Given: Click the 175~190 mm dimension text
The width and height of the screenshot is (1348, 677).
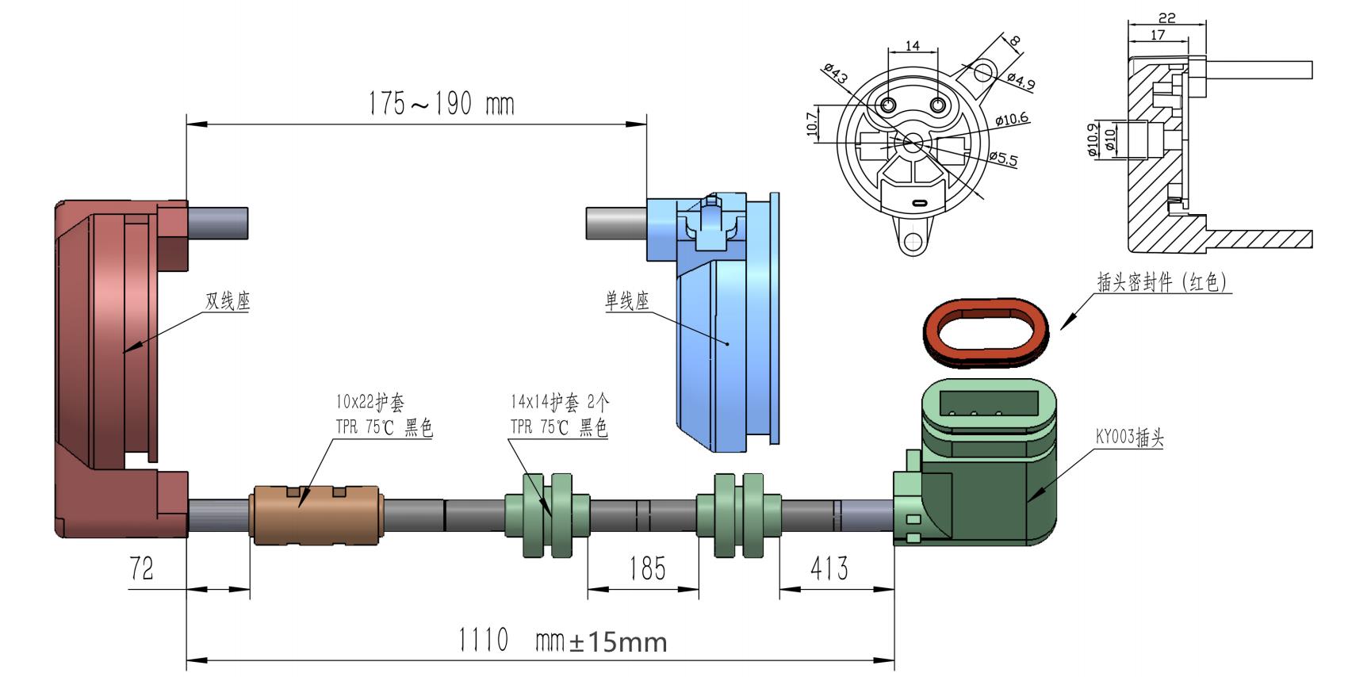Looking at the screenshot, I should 441,104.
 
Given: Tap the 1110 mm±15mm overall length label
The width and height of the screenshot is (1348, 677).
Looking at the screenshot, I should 562,640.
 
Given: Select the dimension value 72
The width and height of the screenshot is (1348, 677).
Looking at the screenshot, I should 141,568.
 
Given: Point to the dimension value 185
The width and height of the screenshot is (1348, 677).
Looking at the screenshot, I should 647,568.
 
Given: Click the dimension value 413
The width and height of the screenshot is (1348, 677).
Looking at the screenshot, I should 829,568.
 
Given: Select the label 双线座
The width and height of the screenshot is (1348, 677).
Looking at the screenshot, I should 228,301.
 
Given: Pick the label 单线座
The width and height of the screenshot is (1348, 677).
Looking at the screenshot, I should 626,301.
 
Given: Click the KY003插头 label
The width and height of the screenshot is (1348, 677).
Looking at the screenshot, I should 1129,437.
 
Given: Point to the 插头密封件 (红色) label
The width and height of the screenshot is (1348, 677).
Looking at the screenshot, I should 1162,282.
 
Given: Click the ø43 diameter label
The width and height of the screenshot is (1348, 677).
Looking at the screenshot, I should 835,75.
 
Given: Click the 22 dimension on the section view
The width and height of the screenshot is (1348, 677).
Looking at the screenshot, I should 1166,17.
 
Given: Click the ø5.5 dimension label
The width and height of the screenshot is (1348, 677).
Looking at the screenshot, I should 1004,158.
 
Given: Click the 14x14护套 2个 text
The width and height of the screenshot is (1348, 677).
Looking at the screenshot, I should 560,402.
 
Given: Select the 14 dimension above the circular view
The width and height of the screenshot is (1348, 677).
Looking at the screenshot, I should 913,46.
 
